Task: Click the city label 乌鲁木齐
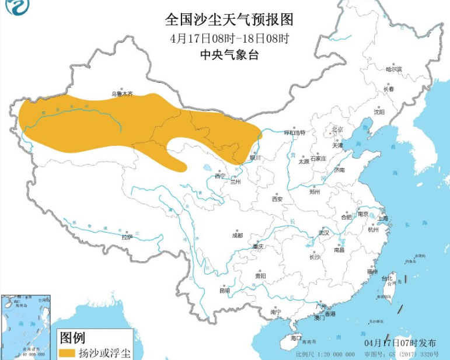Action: click(122, 93)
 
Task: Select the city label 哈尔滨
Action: click(394, 69)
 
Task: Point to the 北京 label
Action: click(337, 130)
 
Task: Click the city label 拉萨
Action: click(127, 237)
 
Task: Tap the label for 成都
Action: click(237, 236)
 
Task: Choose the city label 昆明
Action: click(224, 290)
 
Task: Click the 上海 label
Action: click(383, 218)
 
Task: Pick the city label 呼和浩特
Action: click(294, 133)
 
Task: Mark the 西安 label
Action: click(277, 199)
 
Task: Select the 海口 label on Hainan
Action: click(296, 338)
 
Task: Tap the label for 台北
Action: click(388, 278)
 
